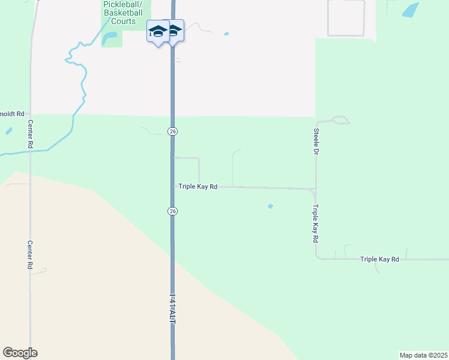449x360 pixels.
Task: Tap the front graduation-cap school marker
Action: pyautogui.click(x=158, y=32)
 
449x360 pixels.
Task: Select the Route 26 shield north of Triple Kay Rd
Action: pyautogui.click(x=172, y=131)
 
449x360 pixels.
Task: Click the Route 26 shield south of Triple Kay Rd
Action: pyautogui.click(x=172, y=211)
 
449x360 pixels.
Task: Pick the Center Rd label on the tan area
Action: pyautogui.click(x=29, y=254)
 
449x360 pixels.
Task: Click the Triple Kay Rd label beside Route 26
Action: pyautogui.click(x=197, y=187)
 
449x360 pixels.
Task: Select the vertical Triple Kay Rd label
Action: pyautogui.click(x=315, y=224)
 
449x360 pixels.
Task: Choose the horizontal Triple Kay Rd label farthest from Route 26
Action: pyautogui.click(x=379, y=259)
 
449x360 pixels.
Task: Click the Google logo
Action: pyautogui.click(x=20, y=353)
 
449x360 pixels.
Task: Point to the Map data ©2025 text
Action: pyautogui.click(x=423, y=355)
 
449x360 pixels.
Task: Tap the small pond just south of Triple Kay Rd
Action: pyautogui.click(x=270, y=206)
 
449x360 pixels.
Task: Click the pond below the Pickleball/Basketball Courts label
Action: pyautogui.click(x=110, y=39)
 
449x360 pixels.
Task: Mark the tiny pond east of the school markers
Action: pyautogui.click(x=226, y=34)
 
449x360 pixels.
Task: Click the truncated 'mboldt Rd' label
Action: pyautogui.click(x=12, y=113)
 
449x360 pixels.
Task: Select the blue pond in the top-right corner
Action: pyautogui.click(x=411, y=10)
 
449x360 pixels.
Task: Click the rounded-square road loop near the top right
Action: pyautogui.click(x=346, y=17)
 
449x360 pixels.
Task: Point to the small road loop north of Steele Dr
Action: pyautogui.click(x=340, y=120)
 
